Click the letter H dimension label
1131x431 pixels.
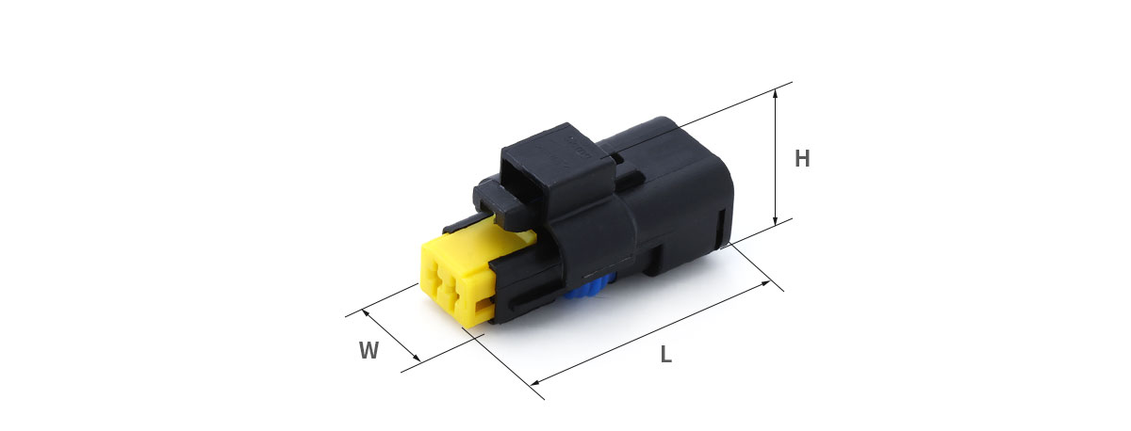click(802, 158)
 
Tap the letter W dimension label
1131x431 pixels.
click(369, 350)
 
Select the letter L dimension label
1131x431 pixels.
click(666, 355)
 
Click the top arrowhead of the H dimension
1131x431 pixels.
click(776, 94)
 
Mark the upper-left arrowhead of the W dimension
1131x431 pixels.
click(366, 313)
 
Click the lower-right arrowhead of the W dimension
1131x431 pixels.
click(416, 358)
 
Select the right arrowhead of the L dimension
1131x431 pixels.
click(764, 284)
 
